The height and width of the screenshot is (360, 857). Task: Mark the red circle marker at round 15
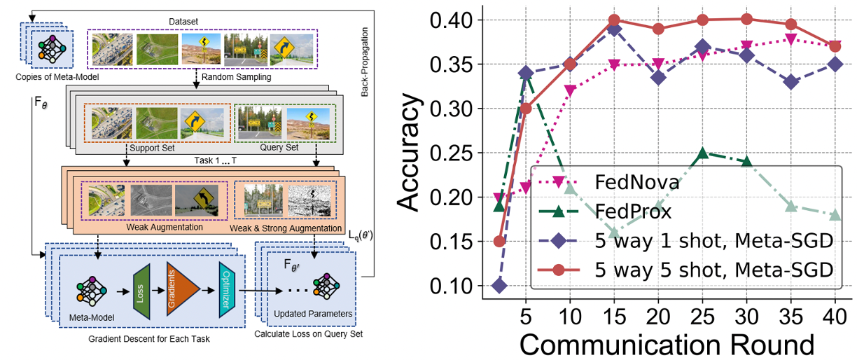click(x=594, y=20)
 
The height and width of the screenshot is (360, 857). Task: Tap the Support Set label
click(x=153, y=148)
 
